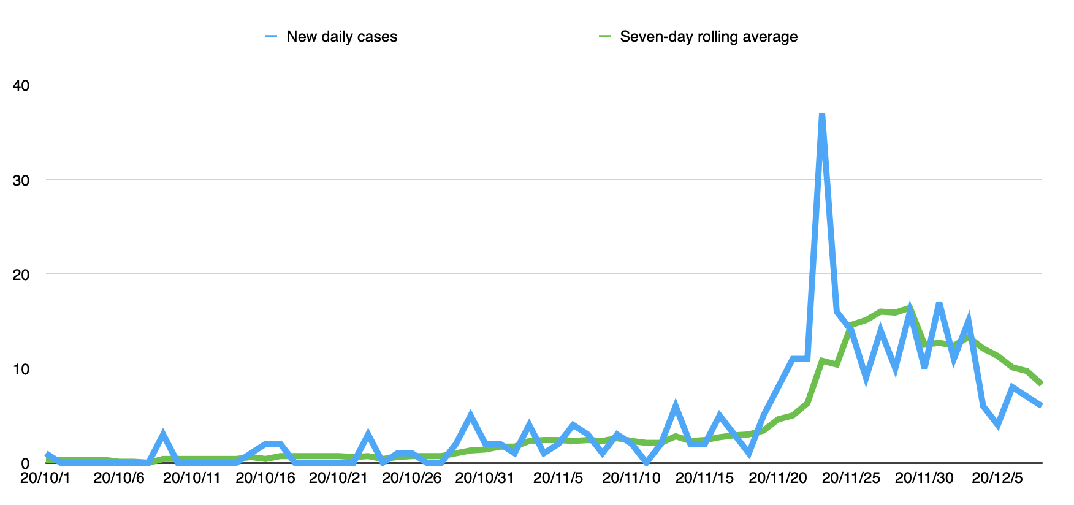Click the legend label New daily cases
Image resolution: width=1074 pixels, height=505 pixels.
pyautogui.click(x=341, y=37)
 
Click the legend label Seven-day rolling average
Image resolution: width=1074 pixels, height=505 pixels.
pyautogui.click(x=708, y=37)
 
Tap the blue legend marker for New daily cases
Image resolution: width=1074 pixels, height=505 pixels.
pyautogui.click(x=272, y=37)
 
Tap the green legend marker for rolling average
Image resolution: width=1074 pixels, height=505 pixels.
pyautogui.click(x=604, y=37)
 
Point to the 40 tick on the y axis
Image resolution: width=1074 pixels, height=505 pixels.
pyautogui.click(x=21, y=85)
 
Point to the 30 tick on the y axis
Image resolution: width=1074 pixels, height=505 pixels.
pyautogui.click(x=21, y=180)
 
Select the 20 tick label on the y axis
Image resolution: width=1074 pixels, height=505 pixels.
pyautogui.click(x=21, y=275)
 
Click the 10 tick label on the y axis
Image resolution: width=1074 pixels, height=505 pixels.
pyautogui.click(x=21, y=369)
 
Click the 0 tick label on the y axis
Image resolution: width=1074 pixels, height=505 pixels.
pyautogui.click(x=25, y=463)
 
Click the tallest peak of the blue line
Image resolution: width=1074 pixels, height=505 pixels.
pyautogui.click(x=822, y=115)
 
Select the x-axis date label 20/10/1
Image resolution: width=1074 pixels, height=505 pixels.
pyautogui.click(x=45, y=478)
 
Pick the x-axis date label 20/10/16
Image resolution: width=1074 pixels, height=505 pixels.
pyautogui.click(x=265, y=478)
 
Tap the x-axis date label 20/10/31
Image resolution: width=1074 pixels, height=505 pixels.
pyautogui.click(x=485, y=478)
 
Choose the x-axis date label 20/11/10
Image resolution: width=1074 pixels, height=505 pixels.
pyautogui.click(x=631, y=478)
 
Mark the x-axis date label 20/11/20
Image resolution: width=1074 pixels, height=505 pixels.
pyautogui.click(x=778, y=478)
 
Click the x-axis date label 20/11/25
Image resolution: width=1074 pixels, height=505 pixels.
pyautogui.click(x=851, y=478)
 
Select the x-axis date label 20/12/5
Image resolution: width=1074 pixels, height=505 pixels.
pyautogui.click(x=997, y=478)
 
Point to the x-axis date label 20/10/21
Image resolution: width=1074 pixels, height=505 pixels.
pyautogui.click(x=338, y=478)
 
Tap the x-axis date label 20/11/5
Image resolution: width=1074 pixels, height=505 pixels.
pyautogui.click(x=558, y=478)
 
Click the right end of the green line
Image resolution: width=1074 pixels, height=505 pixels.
pyautogui.click(x=1041, y=384)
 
